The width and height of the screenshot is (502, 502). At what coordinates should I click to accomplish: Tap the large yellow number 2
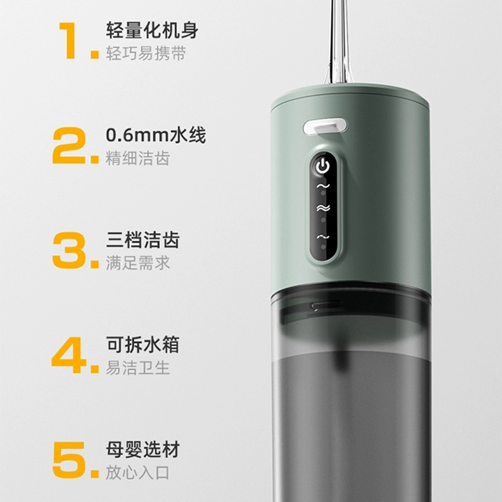click(69, 145)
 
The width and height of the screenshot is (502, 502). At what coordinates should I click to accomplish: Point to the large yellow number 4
click(69, 355)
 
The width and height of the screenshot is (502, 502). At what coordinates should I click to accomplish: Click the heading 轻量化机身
click(152, 30)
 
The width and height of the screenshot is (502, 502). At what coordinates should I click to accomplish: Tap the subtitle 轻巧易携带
click(146, 53)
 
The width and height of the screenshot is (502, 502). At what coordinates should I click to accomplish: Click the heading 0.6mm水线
click(156, 135)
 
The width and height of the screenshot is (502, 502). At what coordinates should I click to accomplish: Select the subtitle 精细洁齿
click(138, 158)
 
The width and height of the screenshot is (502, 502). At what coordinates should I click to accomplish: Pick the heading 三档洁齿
click(143, 240)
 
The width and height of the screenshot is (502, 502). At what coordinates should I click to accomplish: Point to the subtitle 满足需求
click(138, 263)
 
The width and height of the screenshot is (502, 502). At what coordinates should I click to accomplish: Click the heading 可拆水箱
click(143, 345)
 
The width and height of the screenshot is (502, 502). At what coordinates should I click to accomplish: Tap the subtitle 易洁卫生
click(138, 368)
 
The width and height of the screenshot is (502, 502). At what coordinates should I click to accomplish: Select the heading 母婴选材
click(143, 449)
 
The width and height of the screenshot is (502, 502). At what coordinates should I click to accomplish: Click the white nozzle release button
click(325, 127)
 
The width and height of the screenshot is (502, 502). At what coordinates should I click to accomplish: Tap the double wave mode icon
click(323, 208)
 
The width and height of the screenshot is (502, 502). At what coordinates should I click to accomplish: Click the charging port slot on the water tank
click(326, 306)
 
